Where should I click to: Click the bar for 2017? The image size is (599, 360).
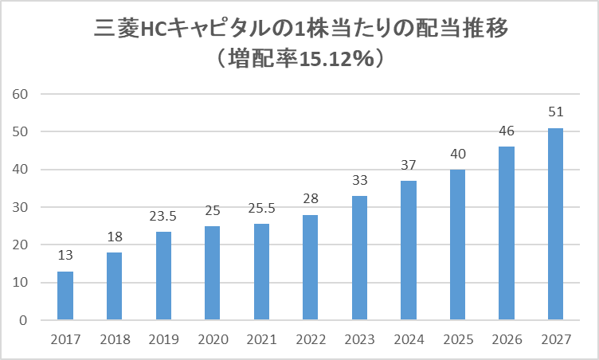65,295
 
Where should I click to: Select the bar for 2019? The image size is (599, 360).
163,276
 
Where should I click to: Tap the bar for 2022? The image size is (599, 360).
310,267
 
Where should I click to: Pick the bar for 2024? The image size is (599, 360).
409,250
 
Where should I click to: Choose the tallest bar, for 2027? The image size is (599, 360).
555,224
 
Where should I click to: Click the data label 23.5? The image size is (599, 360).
162,217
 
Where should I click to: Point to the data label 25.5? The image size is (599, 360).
261,209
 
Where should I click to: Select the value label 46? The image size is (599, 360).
507,131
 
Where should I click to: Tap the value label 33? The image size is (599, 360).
359,180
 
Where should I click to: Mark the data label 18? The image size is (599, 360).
115,237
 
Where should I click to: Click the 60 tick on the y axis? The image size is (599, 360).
20,94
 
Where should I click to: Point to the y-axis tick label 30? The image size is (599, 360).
20,208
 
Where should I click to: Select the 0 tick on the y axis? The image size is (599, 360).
24,321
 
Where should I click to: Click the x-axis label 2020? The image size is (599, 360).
213,339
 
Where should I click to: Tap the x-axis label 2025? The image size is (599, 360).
458,339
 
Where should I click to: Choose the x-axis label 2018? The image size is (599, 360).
115,339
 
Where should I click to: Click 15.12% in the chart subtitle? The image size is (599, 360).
336,59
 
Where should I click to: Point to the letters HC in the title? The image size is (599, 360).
154,29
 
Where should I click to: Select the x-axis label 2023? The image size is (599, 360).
360,339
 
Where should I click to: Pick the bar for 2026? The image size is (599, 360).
507,233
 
